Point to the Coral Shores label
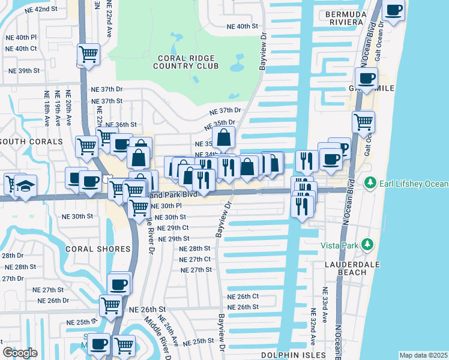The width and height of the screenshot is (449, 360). [99, 248]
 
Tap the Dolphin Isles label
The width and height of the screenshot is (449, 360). [288, 355]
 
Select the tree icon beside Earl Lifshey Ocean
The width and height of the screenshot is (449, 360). [371, 182]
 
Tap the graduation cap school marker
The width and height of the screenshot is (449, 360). [25, 185]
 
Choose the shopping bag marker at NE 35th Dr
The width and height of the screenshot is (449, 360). [223, 138]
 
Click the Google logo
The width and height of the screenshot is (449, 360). [20, 353]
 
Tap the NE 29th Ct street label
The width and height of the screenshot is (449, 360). [173, 228]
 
